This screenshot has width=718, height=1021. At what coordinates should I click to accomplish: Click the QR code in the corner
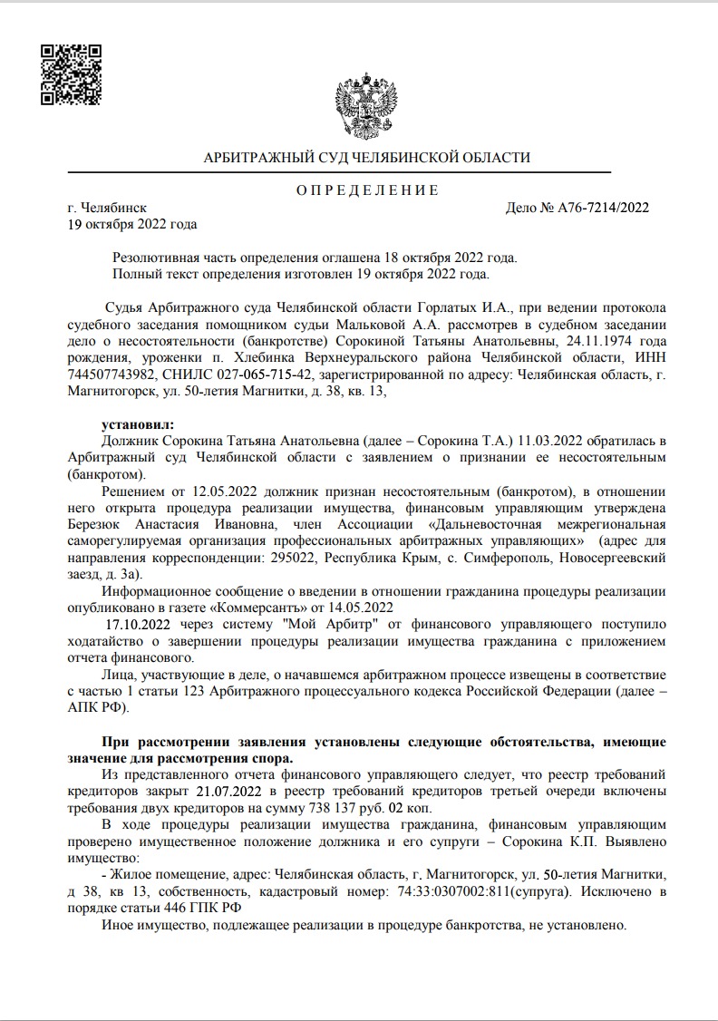click(x=71, y=73)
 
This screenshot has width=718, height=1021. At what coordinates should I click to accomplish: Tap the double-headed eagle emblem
click(x=367, y=107)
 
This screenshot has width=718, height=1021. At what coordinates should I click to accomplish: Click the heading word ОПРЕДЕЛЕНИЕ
click(x=367, y=190)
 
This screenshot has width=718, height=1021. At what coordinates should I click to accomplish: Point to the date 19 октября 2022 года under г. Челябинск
click(x=132, y=223)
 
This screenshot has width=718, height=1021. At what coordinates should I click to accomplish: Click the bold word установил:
click(x=137, y=423)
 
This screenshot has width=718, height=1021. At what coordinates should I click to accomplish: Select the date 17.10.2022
click(x=139, y=624)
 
